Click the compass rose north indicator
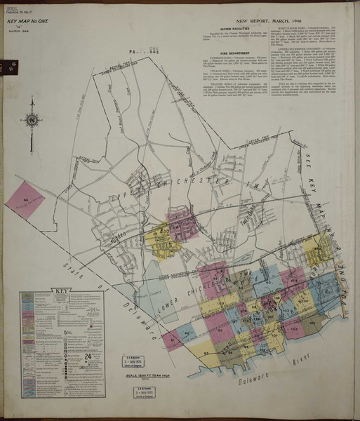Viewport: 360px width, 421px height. [x=32, y=120]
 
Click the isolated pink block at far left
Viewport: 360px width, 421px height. [x=25, y=201]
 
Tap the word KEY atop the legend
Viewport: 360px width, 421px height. [x=58, y=292]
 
